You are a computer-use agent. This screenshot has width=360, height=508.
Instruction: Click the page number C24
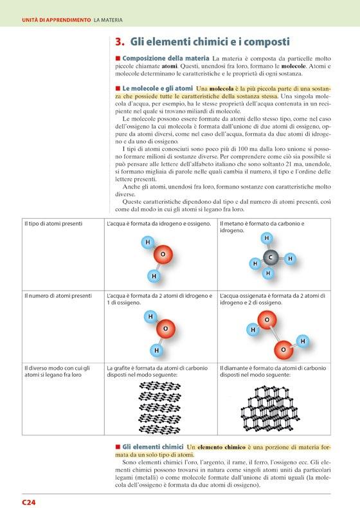tap(28, 502)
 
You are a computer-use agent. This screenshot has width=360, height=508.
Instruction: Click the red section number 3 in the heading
tap(119, 42)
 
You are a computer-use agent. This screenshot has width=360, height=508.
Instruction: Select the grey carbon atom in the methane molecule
tap(271, 257)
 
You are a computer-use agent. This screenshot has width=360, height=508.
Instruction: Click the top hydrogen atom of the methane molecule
tap(267, 238)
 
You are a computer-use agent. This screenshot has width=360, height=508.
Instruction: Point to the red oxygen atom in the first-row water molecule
tap(163, 255)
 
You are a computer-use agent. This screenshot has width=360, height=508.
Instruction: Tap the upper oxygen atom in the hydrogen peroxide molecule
tap(267, 320)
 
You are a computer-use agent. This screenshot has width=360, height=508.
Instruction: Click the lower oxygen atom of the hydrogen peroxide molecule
tap(283, 349)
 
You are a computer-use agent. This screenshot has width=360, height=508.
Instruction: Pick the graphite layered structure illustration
tap(160, 407)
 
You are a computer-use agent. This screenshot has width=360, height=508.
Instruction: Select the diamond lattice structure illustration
tap(270, 408)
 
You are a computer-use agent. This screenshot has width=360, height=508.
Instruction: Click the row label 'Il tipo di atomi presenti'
tap(53, 224)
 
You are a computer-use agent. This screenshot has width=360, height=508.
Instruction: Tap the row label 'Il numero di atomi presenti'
tap(59, 296)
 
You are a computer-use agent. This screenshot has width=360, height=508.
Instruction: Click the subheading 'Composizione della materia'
tap(166, 59)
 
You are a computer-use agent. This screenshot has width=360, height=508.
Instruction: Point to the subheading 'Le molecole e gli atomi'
tap(157, 89)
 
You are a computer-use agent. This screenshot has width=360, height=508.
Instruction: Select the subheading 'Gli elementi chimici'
tap(153, 447)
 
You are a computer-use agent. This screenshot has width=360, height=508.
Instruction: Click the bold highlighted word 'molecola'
tap(221, 89)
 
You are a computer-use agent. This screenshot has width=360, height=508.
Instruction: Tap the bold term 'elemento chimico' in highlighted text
tap(221, 447)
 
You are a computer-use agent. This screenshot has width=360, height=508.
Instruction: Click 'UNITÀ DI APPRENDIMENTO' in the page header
tap(57, 20)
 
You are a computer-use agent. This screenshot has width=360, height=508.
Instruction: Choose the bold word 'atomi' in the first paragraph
tap(170, 66)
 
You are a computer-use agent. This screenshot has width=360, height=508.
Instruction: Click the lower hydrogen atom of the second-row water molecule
tap(156, 350)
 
